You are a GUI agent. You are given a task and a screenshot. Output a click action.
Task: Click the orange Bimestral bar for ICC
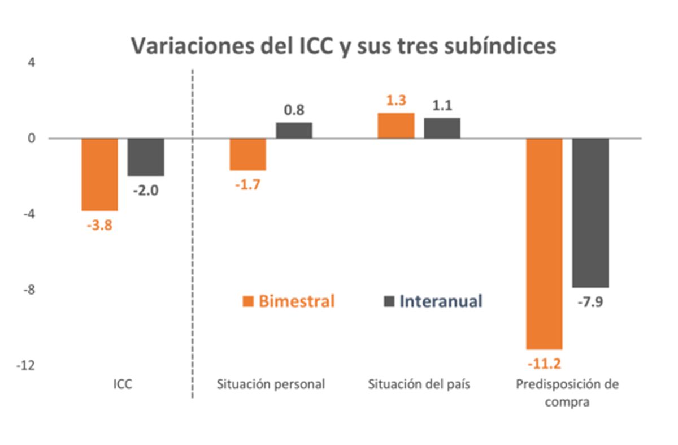click(99, 174)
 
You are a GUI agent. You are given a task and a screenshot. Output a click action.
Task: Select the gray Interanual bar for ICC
click(146, 157)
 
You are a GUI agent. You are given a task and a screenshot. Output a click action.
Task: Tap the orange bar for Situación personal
click(247, 154)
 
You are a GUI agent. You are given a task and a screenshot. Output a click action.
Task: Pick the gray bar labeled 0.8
click(294, 131)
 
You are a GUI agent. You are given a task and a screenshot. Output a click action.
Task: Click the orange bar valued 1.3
click(396, 126)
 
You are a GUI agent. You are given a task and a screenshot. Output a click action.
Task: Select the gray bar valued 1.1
click(442, 128)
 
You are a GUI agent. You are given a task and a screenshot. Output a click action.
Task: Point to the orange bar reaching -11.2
click(544, 243)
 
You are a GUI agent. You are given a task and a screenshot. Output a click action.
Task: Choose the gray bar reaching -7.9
click(590, 213)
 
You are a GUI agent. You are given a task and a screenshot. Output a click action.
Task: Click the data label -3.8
click(99, 224)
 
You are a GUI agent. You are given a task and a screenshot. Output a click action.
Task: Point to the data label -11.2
click(544, 362)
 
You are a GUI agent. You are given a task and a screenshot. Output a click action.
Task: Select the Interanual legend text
click(441, 301)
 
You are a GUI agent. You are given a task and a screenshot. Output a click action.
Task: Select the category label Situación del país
click(419, 384)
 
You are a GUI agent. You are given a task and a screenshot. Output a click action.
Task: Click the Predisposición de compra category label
click(567, 393)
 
